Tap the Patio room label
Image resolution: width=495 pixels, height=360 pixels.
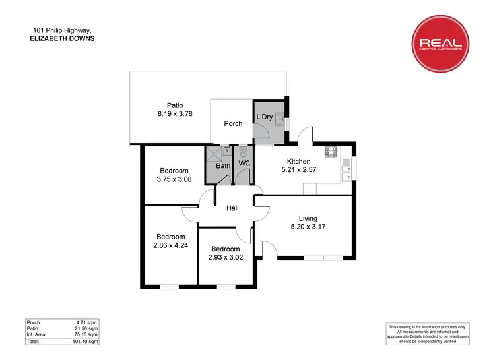[x=174, y=105]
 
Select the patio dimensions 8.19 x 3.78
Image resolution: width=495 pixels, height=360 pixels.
[x=174, y=113]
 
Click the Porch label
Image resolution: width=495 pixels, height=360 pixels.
[x=233, y=123]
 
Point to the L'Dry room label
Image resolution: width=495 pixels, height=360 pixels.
[x=264, y=117]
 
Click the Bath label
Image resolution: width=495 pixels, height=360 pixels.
[x=224, y=165]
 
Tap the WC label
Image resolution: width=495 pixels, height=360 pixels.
[x=243, y=163]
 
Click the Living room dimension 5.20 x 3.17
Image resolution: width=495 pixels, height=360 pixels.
[x=308, y=227]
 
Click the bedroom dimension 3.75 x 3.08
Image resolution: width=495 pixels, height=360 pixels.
[x=174, y=179]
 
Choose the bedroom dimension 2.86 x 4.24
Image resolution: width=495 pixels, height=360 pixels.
[x=170, y=245]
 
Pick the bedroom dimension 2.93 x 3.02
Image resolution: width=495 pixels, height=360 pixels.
[x=227, y=257]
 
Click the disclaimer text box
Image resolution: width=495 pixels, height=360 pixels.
[x=427, y=333]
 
